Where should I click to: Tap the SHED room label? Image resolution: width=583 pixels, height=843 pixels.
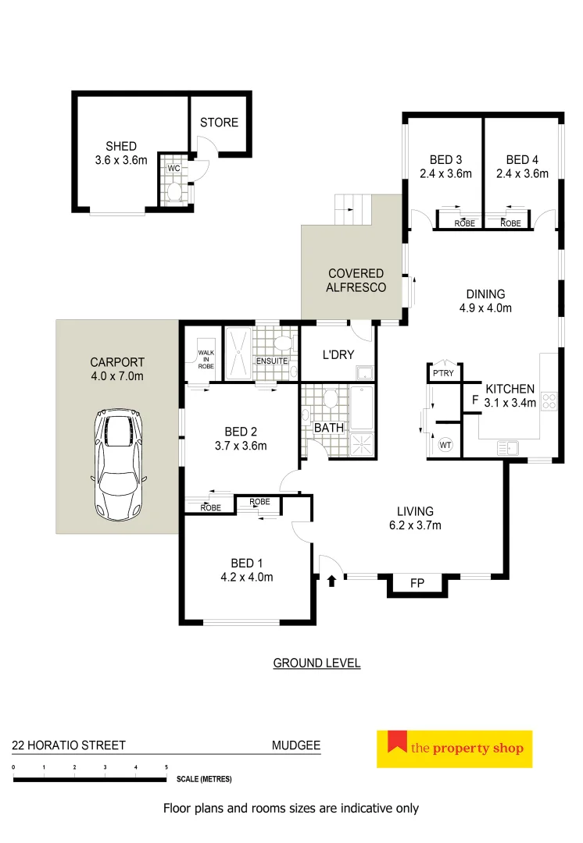coord(121,146)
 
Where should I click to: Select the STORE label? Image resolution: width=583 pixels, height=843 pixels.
coord(219,123)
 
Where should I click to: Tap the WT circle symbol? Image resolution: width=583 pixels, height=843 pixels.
coord(445,444)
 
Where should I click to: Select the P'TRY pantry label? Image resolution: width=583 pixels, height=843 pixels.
coord(443,375)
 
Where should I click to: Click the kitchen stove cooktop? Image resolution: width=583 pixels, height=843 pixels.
coord(549,401)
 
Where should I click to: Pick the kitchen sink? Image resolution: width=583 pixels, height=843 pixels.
coord(509,447)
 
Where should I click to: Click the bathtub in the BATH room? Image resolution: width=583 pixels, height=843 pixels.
coord(361,408)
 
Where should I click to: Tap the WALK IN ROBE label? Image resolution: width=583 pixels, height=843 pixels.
coord(205,358)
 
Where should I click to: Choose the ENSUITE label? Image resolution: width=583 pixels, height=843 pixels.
coord(271,361)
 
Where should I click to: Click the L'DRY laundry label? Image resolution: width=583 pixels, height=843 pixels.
coord(338,354)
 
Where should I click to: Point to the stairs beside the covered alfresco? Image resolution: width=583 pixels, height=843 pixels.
coord(349,208)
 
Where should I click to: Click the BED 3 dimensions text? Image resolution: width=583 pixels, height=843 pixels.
coord(445,174)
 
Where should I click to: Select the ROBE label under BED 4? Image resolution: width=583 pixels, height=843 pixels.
coord(510,223)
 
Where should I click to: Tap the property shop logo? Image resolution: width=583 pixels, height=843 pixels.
coord(454,748)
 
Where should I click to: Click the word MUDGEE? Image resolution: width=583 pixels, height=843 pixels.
coord(295,745)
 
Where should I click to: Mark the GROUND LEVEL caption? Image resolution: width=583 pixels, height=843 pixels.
coord(317,663)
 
